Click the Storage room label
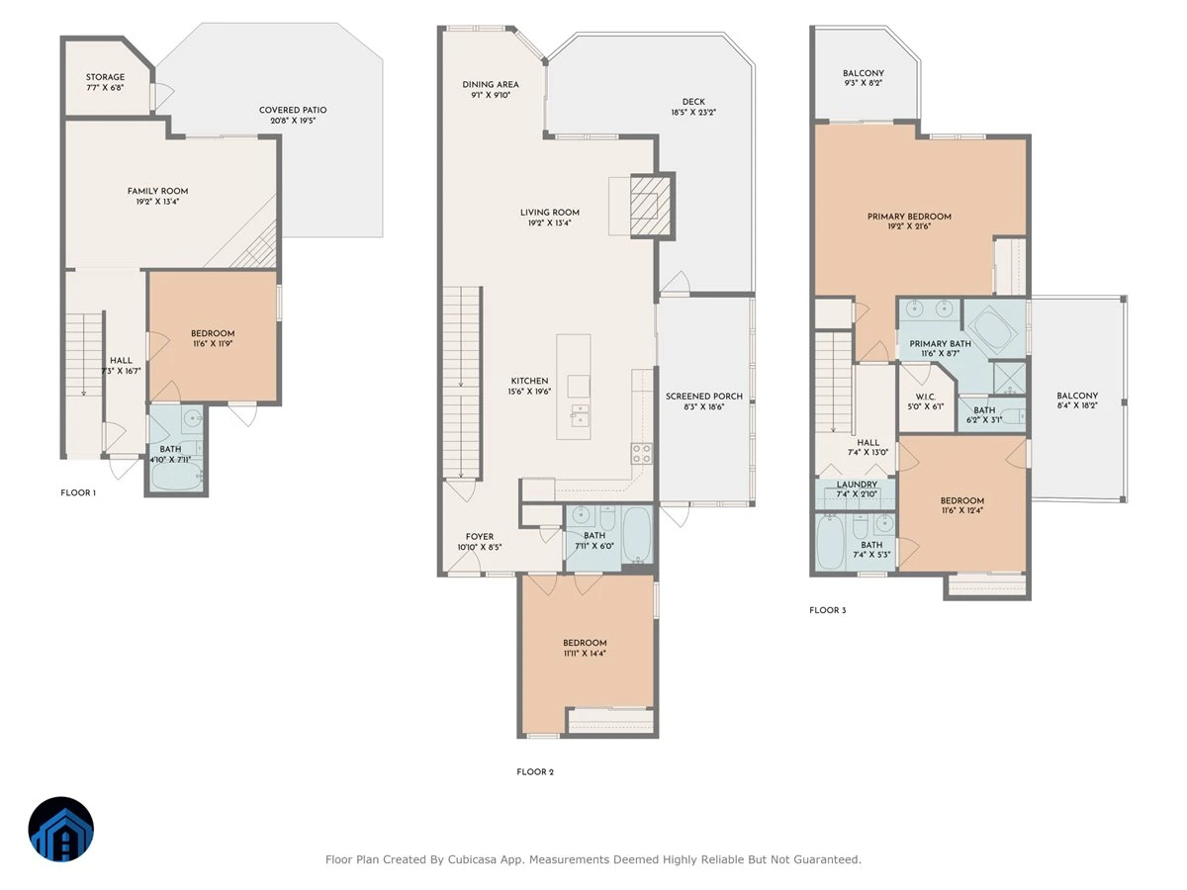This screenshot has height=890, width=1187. (x=105, y=77)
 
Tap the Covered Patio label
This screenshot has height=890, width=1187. (x=293, y=110)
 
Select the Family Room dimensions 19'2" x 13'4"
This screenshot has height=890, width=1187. (x=157, y=202)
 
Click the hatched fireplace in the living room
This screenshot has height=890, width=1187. (x=650, y=206)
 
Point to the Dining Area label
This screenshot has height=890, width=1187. (x=491, y=85)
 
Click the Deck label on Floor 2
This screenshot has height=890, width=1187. (x=693, y=102)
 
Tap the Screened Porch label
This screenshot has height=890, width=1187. (x=704, y=397)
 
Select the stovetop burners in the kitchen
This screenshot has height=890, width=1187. (x=642, y=453)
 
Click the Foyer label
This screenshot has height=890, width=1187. (x=480, y=537)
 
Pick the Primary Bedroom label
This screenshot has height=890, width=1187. (x=909, y=217)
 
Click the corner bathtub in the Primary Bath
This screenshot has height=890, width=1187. (x=993, y=329)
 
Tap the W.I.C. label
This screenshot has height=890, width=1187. (x=926, y=398)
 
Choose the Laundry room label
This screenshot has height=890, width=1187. (x=857, y=485)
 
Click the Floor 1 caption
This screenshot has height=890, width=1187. (x=78, y=492)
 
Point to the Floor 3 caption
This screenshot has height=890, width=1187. (x=827, y=610)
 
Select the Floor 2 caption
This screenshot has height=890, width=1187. (x=535, y=771)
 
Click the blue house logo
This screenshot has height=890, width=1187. (x=61, y=829)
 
